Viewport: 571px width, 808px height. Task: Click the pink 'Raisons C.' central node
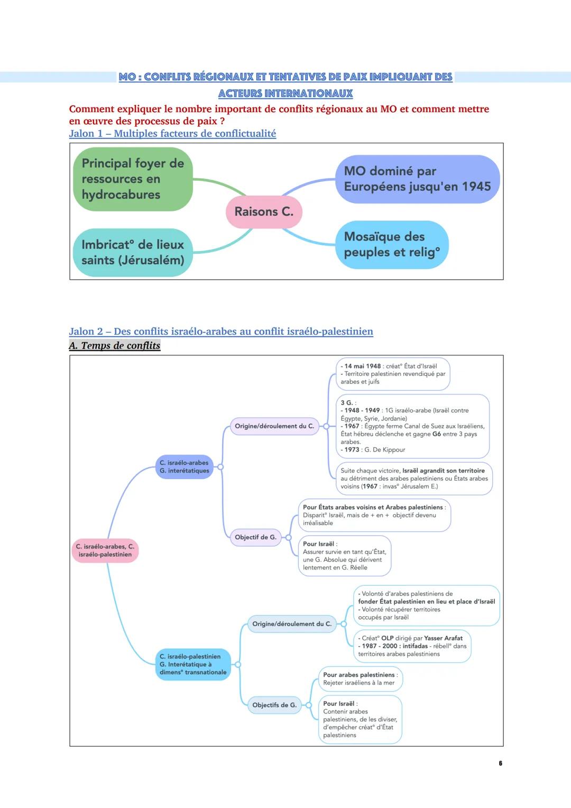pos(264,212)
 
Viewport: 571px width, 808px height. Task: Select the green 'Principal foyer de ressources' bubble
pos(133,179)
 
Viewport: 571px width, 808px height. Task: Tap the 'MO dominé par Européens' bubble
pos(417,179)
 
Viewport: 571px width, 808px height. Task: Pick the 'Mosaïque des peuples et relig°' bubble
pos(392,245)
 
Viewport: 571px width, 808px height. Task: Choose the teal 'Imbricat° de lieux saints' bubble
pos(133,252)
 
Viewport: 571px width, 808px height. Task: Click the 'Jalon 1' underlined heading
pos(172,134)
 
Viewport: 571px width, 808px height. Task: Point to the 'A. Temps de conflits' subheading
pos(115,346)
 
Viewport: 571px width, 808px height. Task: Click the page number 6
pos(500,763)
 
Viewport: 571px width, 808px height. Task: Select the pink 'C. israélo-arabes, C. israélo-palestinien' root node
pos(105,550)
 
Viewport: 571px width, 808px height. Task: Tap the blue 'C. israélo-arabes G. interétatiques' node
pos(184,467)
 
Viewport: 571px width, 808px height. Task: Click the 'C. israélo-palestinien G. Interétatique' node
pos(193,664)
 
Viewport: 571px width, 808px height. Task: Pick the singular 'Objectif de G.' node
pos(255,537)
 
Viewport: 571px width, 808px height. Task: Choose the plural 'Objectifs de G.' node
pos(274,705)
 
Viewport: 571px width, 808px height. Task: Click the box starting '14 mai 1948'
pos(393,374)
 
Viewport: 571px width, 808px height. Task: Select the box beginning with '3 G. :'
pos(412,426)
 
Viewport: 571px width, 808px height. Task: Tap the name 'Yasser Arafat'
pos(443,638)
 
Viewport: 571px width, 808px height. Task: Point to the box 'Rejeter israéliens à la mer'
pos(359,679)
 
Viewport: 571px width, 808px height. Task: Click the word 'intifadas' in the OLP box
pos(415,646)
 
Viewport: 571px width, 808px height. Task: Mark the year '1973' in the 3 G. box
pos(352,450)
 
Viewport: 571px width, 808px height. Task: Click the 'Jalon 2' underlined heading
pos(221,332)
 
